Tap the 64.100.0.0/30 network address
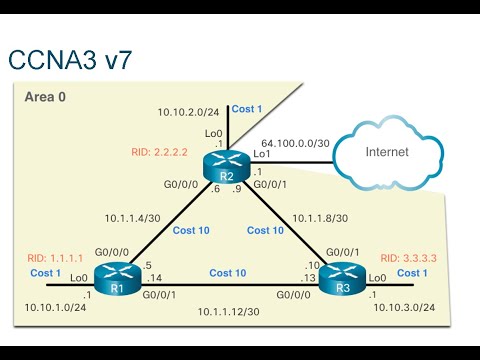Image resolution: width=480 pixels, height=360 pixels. (x=295, y=142)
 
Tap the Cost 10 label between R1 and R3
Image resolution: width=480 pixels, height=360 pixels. (x=228, y=272)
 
